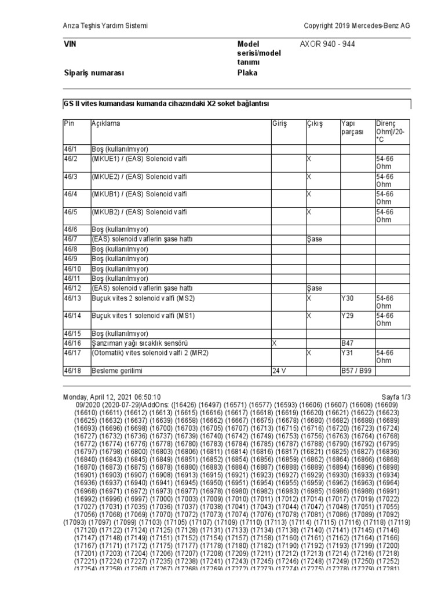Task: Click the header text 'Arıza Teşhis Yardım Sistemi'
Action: click(105, 25)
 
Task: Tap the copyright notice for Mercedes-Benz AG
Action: click(357, 25)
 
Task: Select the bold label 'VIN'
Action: click(69, 44)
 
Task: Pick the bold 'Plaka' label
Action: click(247, 73)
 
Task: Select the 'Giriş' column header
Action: click(279, 124)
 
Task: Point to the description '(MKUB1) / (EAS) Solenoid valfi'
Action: click(139, 194)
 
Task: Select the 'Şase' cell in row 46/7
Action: click(314, 239)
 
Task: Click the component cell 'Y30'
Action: click(346, 298)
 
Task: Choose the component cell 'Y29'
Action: click(346, 316)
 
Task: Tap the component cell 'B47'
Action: click(346, 343)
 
